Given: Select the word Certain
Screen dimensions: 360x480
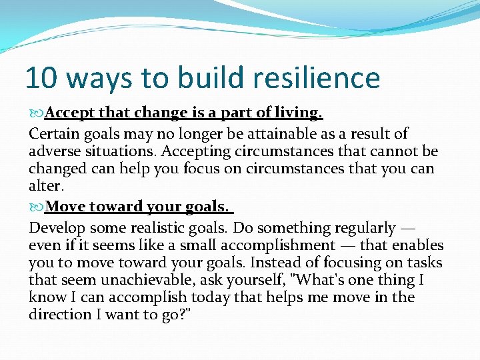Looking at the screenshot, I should [53, 133].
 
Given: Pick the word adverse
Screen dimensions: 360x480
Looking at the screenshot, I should [55, 151].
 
